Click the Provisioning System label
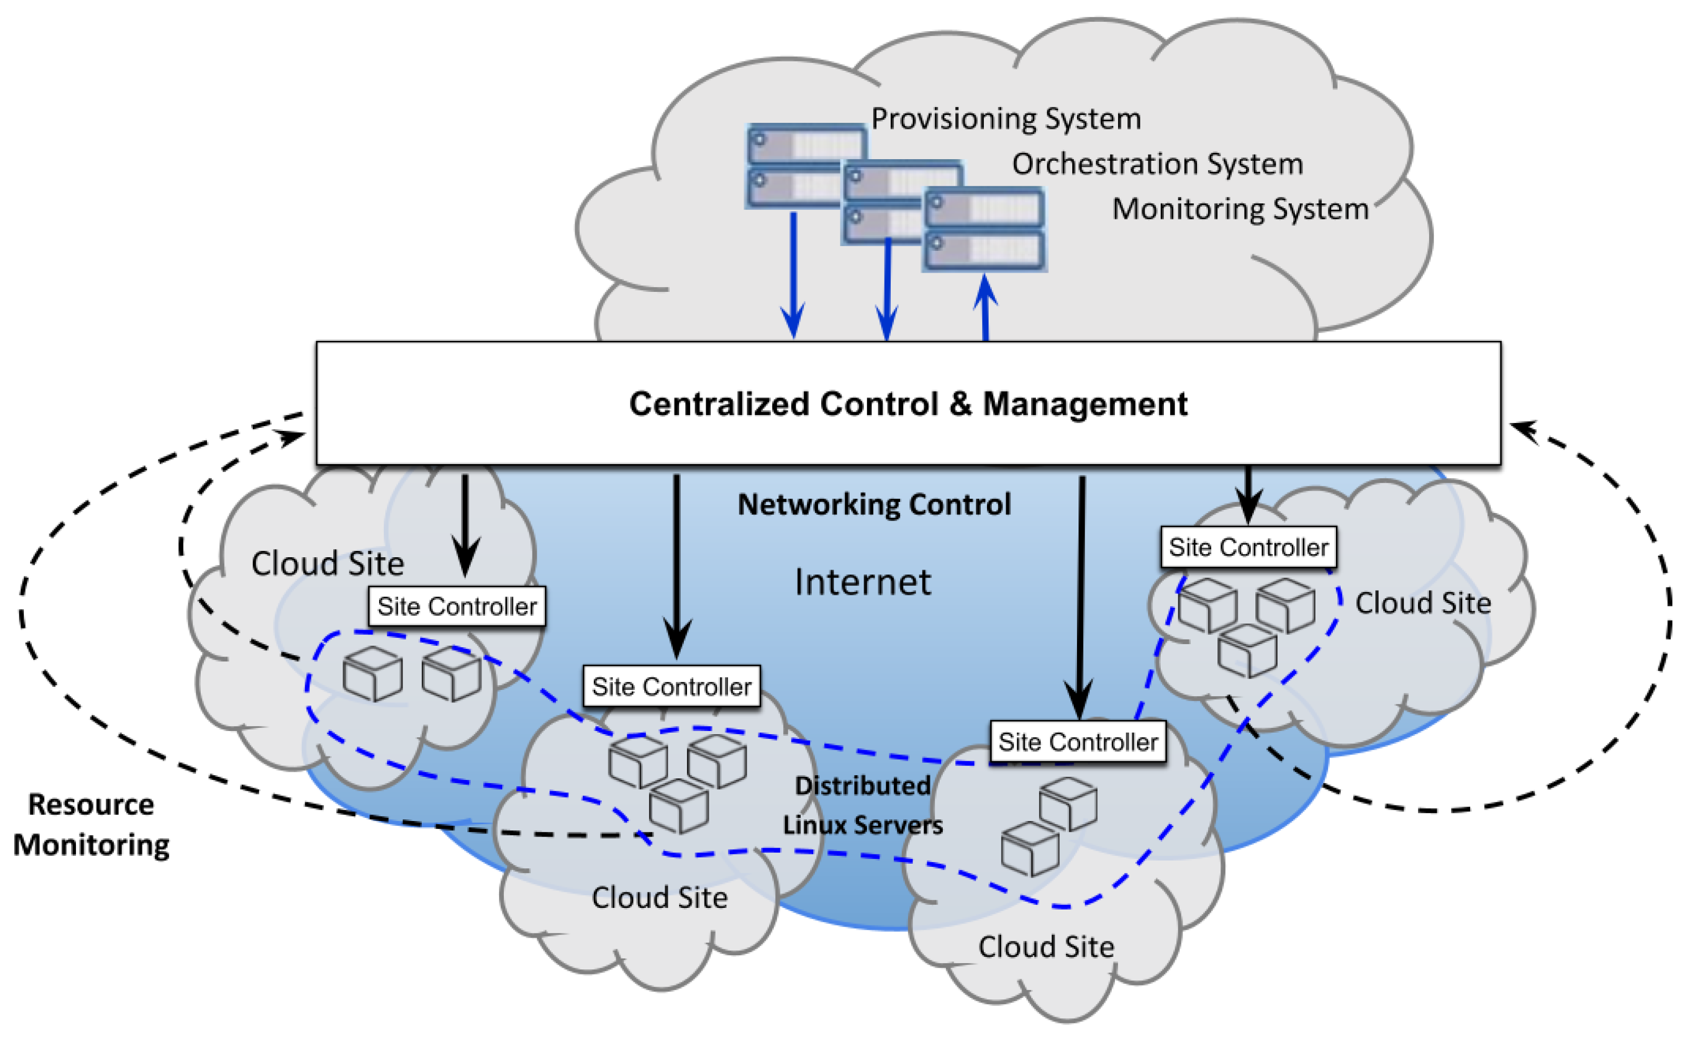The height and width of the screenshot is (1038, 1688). pos(1005,119)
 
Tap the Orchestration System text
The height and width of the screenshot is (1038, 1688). pos(1157,164)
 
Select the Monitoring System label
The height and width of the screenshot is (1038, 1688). pos(1239,209)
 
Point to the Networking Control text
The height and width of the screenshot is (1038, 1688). pos(874,505)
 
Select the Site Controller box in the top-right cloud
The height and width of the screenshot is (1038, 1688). pos(1248,547)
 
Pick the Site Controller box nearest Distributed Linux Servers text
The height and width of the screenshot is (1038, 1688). pos(1077,741)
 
